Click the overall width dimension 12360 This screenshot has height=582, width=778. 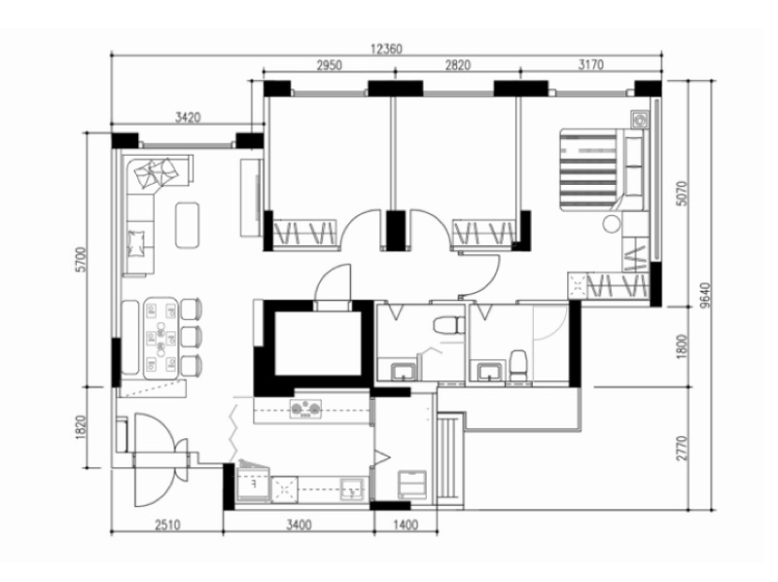pos(386,49)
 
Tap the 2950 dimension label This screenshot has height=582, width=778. pos(330,65)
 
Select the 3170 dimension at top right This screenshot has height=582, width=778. pos(590,64)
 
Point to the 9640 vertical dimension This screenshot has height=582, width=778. pos(707,295)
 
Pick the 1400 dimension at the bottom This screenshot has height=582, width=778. pos(406,525)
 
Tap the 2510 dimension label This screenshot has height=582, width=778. pos(167,525)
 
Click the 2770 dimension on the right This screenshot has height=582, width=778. pos(683,449)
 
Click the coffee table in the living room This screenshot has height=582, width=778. pos(187,225)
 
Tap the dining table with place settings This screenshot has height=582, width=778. pos(160,338)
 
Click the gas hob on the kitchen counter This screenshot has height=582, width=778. pos(305,409)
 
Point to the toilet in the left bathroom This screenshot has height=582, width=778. pos(448,325)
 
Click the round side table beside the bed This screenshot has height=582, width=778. pos(612,224)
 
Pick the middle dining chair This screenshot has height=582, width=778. pos(191,338)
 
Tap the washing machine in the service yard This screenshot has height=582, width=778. pos(412,484)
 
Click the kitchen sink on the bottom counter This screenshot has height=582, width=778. pos(353,490)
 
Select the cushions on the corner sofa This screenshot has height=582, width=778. pos(157,173)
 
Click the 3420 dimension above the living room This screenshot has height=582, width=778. pos(188,118)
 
